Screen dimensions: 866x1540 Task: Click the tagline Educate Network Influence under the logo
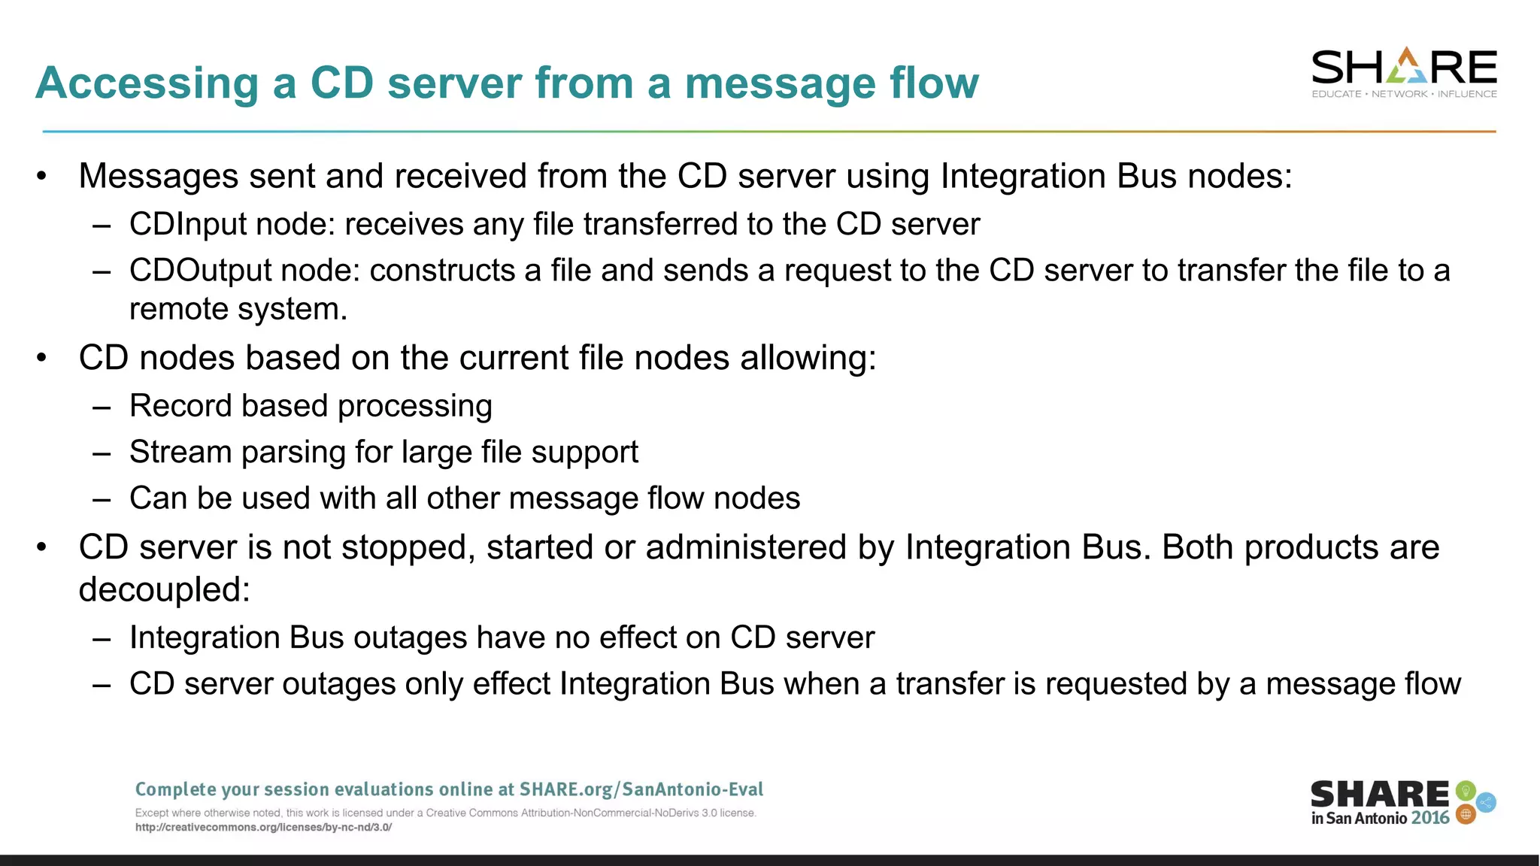pyautogui.click(x=1403, y=94)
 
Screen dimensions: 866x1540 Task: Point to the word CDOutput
pyautogui.click(x=199, y=271)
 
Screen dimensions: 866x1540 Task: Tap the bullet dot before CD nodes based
pyautogui.click(x=42, y=358)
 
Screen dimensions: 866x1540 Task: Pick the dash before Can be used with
pyautogui.click(x=102, y=499)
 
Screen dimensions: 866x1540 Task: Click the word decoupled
pyautogui.click(x=163, y=589)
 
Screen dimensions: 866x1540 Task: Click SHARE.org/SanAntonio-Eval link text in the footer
pyautogui.click(x=641, y=789)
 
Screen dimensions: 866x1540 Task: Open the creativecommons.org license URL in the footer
pyautogui.click(x=263, y=828)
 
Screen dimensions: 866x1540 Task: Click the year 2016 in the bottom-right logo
pyautogui.click(x=1429, y=819)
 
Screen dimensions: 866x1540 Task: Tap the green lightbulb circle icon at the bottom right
pyautogui.click(x=1465, y=791)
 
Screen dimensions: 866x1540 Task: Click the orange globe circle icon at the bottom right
pyautogui.click(x=1466, y=814)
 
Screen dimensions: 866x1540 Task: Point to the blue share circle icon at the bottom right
pyautogui.click(x=1486, y=803)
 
